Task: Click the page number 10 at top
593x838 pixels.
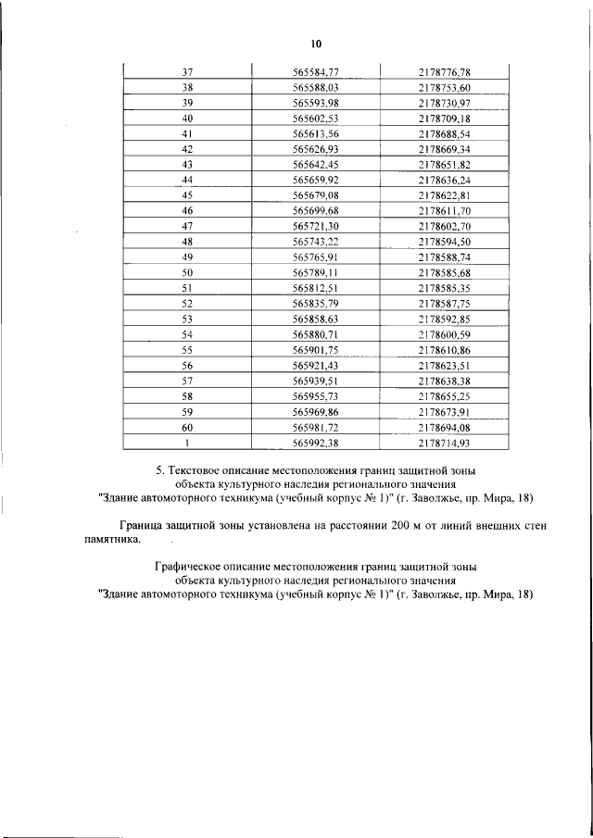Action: [315, 44]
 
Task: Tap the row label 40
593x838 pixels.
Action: [187, 119]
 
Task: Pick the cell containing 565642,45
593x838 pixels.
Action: [315, 165]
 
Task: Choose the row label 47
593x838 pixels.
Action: [187, 227]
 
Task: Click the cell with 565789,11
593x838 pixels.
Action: [315, 274]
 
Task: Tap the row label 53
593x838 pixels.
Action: [187, 320]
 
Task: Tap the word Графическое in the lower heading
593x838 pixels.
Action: [189, 566]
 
